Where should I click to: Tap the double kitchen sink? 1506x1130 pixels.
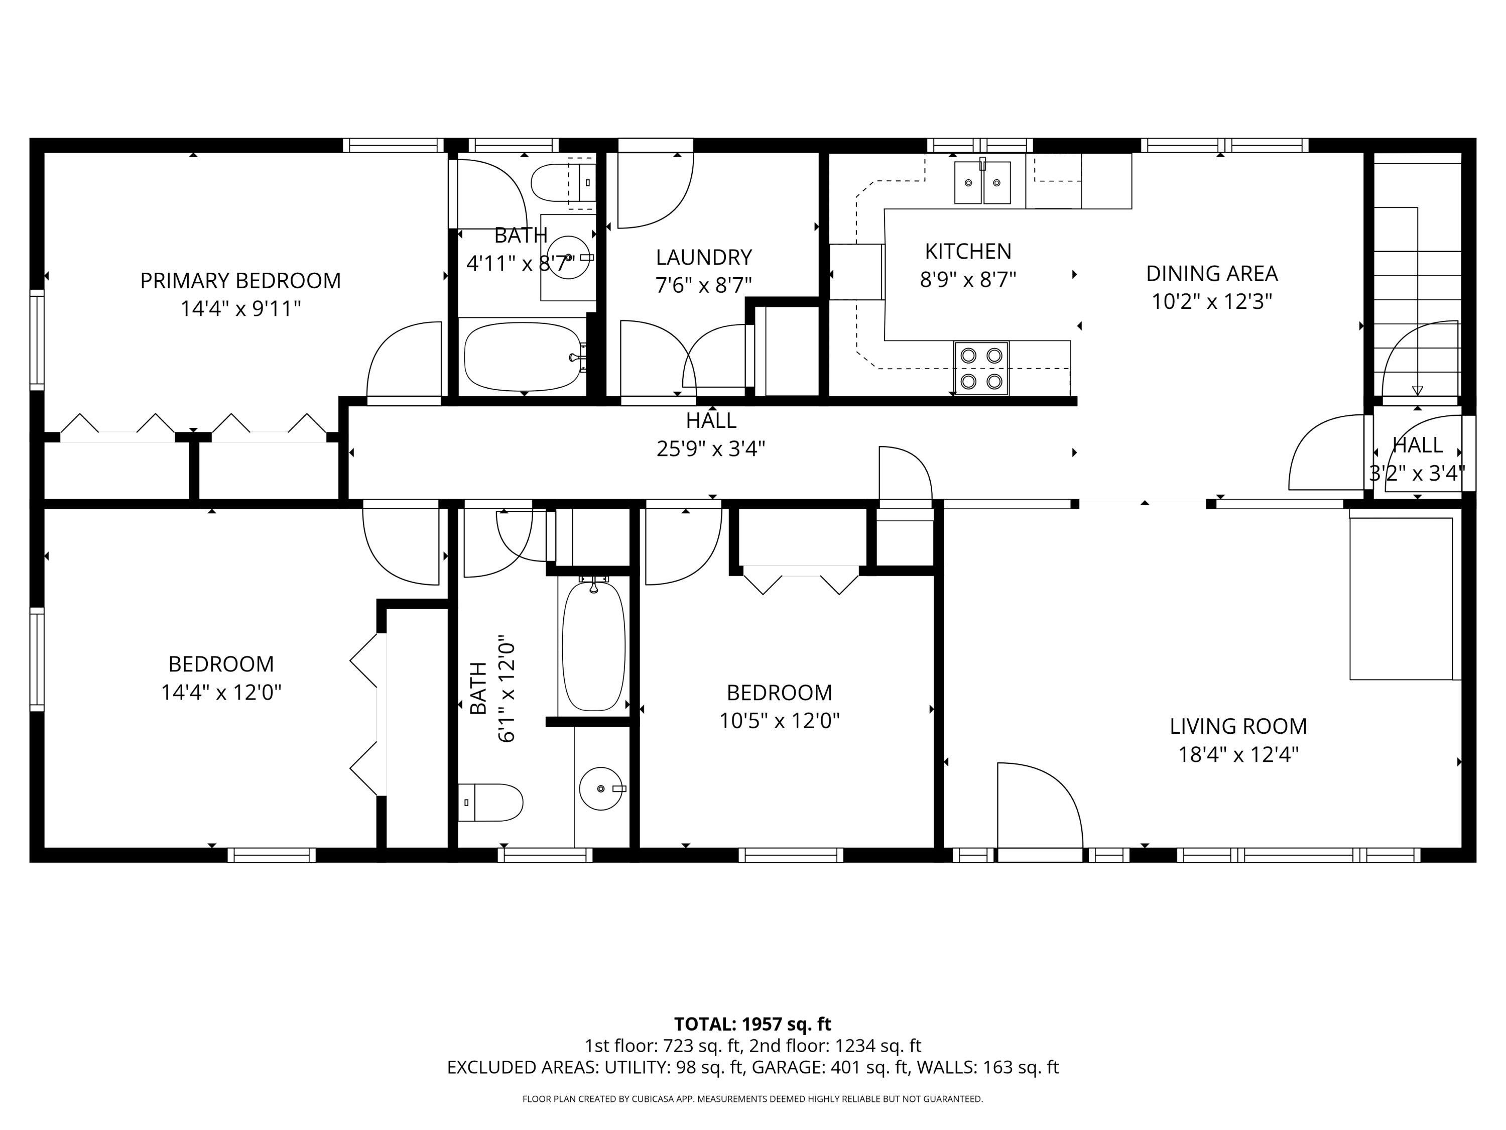click(982, 182)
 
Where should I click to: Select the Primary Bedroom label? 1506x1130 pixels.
click(240, 281)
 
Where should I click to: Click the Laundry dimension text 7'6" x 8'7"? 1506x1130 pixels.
click(703, 285)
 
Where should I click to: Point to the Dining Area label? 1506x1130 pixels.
click(1212, 273)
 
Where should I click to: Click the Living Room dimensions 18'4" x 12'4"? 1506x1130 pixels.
click(1238, 755)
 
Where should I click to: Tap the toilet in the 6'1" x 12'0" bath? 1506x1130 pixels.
click(490, 803)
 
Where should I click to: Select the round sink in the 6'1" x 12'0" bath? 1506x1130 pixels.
click(601, 789)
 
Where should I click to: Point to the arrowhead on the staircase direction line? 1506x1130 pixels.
click(1418, 391)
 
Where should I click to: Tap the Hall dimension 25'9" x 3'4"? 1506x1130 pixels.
click(711, 449)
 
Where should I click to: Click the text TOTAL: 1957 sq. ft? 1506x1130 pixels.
click(752, 1025)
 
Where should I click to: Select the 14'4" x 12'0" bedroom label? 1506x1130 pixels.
click(221, 663)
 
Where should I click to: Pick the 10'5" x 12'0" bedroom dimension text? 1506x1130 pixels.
click(780, 721)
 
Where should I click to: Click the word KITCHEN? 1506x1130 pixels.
click(967, 251)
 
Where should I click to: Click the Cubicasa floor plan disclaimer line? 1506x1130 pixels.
click(752, 1099)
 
